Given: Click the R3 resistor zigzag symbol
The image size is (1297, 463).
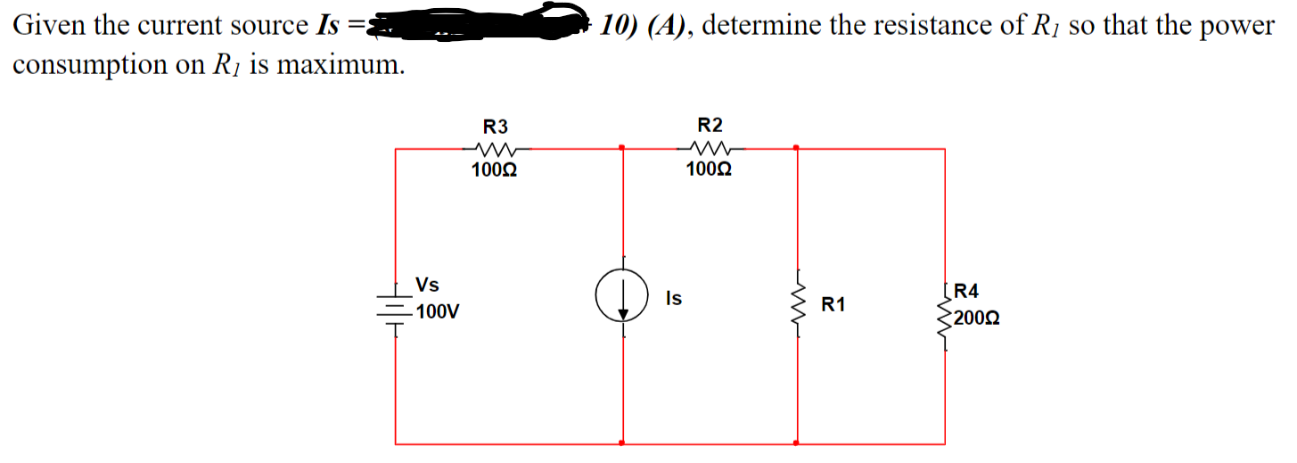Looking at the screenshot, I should [493, 149].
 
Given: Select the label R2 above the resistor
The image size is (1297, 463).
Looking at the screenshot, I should [710, 124].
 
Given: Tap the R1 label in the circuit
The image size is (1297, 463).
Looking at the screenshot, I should [833, 305].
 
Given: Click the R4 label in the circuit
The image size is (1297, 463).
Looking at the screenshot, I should [965, 291].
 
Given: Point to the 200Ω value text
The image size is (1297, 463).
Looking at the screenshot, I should [975, 317].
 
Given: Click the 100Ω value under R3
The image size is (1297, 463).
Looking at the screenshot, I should [493, 169].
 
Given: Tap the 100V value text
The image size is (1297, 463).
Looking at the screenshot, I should [439, 312].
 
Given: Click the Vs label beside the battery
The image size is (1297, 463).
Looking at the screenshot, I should [427, 285].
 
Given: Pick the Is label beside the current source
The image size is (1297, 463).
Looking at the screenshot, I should [673, 299].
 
